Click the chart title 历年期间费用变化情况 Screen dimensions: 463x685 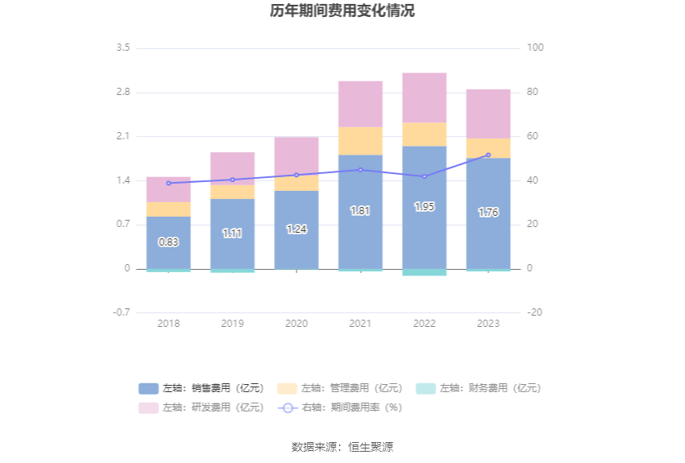point(342,11)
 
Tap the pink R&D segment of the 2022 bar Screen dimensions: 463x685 point(424,97)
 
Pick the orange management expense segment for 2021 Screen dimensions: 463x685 point(360,140)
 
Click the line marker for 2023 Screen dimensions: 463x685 point(488,155)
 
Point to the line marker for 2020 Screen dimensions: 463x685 point(297,175)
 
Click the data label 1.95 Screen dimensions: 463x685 point(424,207)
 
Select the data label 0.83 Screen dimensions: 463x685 point(168,242)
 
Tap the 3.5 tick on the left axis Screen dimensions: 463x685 point(122,48)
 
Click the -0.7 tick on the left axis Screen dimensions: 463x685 point(122,312)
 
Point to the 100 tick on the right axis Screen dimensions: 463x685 point(536,48)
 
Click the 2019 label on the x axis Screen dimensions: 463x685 point(232,324)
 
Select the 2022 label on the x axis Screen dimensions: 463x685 point(424,324)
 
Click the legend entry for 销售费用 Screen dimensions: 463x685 point(201,388)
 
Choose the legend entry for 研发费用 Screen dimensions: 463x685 point(201,407)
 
